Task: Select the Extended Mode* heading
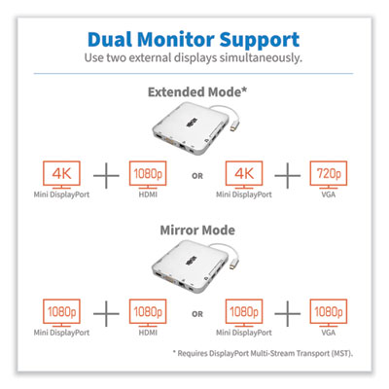tap(197, 92)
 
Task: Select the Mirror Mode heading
tap(197, 230)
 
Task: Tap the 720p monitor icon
tap(329, 175)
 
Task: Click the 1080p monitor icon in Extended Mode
tap(148, 175)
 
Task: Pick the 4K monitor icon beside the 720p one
tap(244, 175)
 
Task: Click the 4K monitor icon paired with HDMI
tap(61, 175)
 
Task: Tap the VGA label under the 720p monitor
tap(329, 194)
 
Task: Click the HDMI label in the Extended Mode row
tap(148, 194)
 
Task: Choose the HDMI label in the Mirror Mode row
tap(148, 333)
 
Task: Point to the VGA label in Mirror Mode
tap(329, 333)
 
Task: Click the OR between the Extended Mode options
tap(197, 176)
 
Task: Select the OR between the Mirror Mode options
tap(197, 314)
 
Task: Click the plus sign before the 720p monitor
tap(288, 176)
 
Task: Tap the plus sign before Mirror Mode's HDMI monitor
tap(106, 314)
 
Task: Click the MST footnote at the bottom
tap(263, 353)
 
